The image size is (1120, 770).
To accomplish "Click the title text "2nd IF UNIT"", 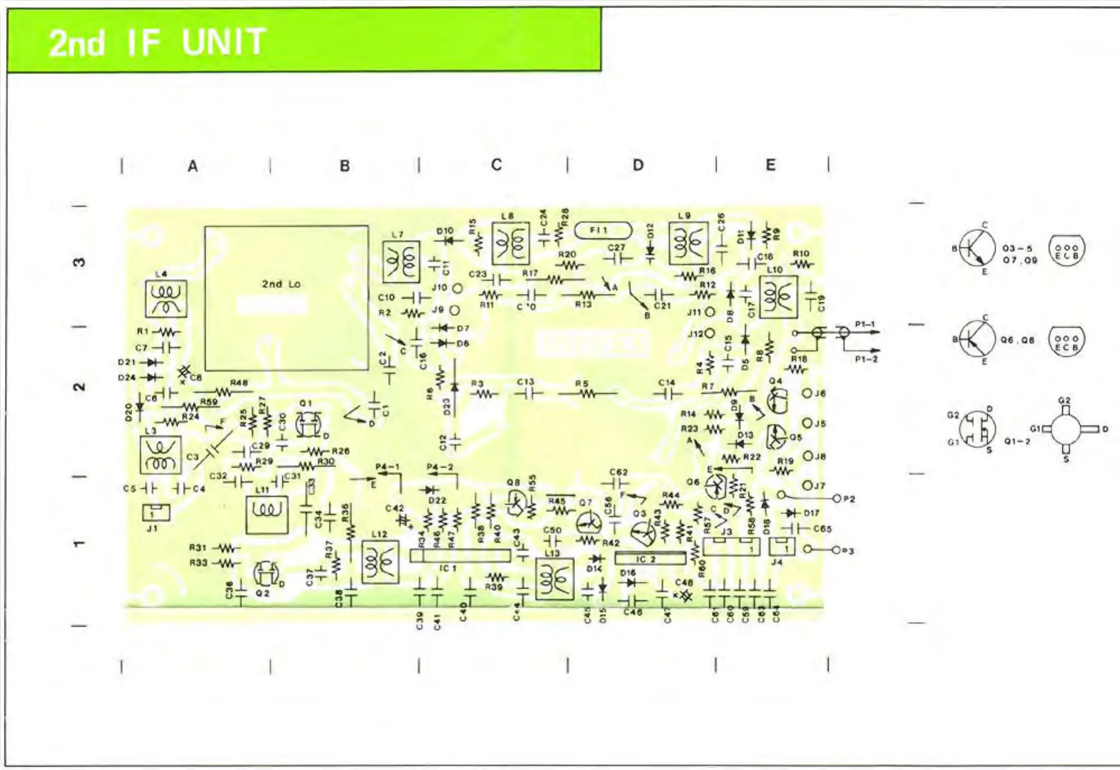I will click(x=157, y=42).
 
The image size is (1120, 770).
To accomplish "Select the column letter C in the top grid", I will click(x=496, y=165).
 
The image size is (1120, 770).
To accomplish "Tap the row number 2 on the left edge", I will click(x=80, y=387).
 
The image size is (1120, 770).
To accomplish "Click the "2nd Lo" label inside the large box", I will click(x=281, y=284).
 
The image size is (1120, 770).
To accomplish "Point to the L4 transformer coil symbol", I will click(x=166, y=298).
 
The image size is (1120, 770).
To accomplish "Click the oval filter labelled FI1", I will click(x=603, y=230).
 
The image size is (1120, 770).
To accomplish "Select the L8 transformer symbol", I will click(x=510, y=243).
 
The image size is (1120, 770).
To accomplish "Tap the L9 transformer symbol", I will click(x=688, y=243).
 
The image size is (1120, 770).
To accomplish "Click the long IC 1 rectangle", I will click(x=460, y=556).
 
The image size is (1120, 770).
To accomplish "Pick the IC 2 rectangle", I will click(x=650, y=558).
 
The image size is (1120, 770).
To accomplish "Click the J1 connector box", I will click(x=156, y=512).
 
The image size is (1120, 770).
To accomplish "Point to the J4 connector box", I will click(x=782, y=547).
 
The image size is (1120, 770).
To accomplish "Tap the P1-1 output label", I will click(x=865, y=324).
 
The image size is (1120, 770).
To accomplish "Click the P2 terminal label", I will click(x=849, y=499).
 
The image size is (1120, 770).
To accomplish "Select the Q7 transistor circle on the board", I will click(x=589, y=524).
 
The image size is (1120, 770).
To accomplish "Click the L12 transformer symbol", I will click(x=380, y=562).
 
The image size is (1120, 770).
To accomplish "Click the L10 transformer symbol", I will click(x=778, y=297).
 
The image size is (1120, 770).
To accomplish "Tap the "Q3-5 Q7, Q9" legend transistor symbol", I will click(x=977, y=248).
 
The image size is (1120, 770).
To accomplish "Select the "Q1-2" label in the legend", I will click(x=1016, y=442).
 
